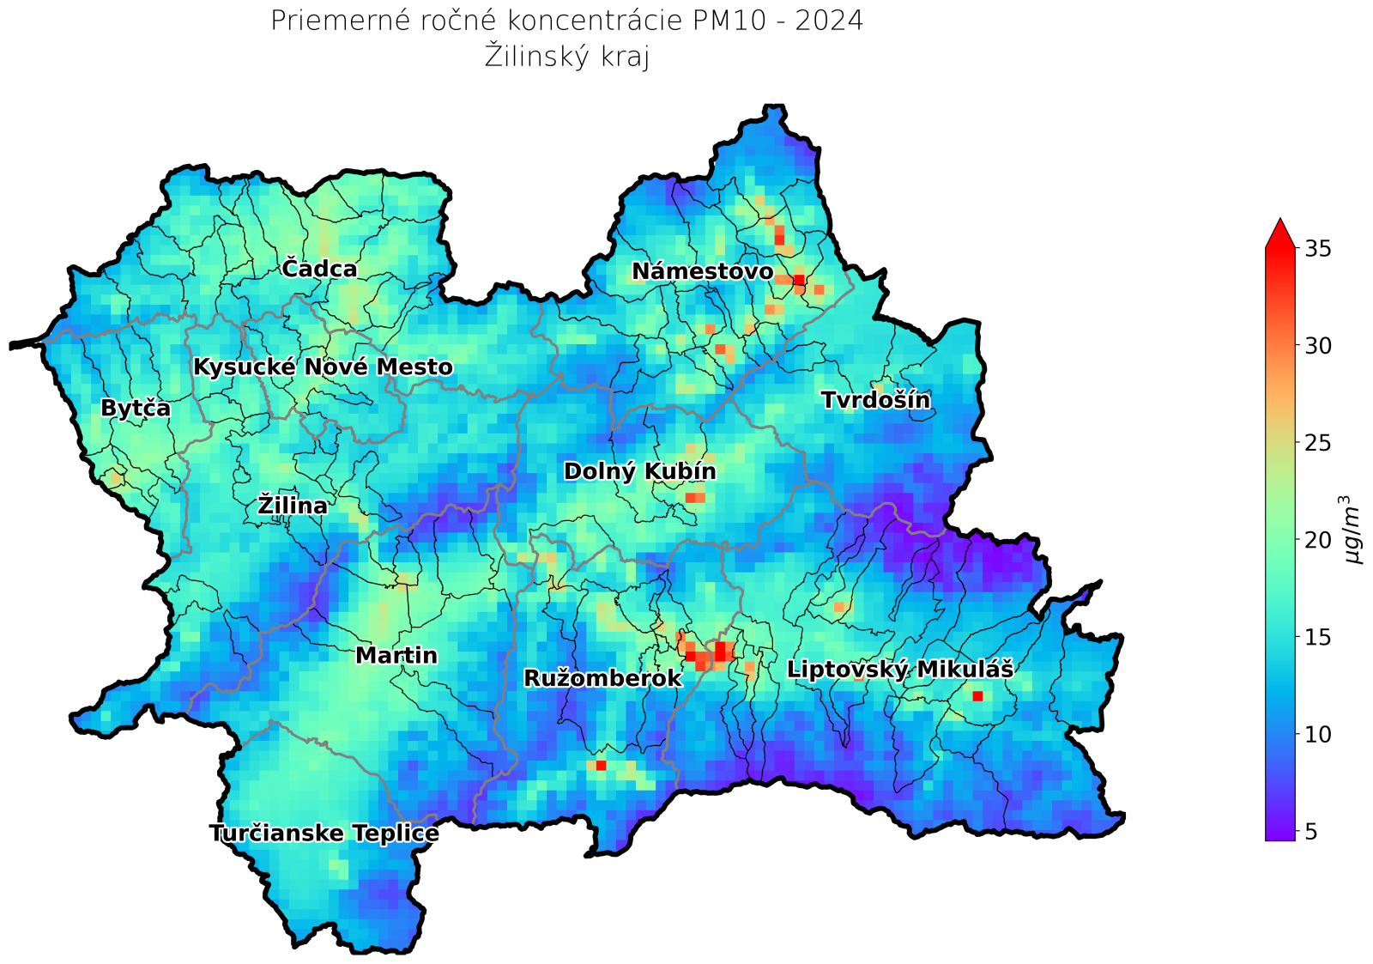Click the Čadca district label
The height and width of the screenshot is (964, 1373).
319,269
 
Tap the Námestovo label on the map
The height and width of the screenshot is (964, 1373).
702,271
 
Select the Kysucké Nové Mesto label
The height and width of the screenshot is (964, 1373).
323,367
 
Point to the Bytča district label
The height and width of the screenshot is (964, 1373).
136,408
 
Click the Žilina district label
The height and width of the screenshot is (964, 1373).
293,506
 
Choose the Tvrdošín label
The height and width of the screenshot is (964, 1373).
875,400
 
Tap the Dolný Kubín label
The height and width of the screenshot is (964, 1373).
639,471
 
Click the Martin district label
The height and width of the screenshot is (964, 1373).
396,656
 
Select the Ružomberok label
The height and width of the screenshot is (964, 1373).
602,678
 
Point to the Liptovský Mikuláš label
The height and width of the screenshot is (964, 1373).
900,669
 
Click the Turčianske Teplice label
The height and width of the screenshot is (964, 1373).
324,833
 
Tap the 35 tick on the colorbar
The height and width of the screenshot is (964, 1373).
1317,248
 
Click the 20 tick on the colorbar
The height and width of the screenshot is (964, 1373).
1317,540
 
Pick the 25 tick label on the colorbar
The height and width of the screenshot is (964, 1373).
1317,443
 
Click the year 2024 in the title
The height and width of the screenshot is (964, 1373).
828,21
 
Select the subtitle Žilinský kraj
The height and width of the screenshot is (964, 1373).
566,57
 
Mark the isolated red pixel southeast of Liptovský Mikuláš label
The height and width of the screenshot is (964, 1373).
977,696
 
